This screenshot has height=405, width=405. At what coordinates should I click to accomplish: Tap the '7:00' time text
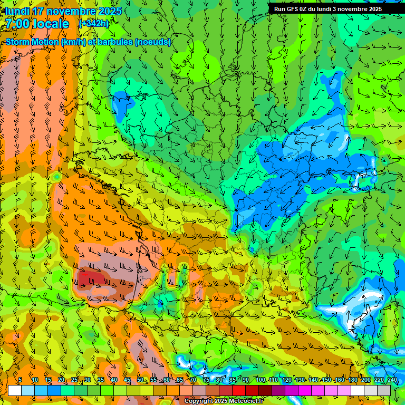[x=17, y=24]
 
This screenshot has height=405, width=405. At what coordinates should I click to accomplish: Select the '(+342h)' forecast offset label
[x=94, y=24]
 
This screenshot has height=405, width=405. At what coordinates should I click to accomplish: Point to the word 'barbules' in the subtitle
[x=115, y=42]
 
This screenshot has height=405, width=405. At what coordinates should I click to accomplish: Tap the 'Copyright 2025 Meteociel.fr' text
[x=224, y=401]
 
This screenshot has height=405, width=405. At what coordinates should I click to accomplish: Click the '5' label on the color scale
[x=20, y=380]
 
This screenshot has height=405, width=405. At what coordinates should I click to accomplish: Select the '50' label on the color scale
[x=140, y=380]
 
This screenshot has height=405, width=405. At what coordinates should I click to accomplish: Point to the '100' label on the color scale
[x=260, y=380]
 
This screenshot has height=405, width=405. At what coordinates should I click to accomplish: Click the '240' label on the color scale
[x=392, y=380]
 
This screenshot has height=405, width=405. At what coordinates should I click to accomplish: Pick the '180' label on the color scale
[x=352, y=380]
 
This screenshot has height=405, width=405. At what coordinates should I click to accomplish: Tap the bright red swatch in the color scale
[x=239, y=390]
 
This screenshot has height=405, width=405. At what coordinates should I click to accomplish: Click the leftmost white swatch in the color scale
[x=15, y=390]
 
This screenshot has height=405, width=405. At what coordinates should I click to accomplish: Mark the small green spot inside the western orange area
[x=56, y=176]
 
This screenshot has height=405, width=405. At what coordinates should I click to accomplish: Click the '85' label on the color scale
[x=233, y=380]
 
